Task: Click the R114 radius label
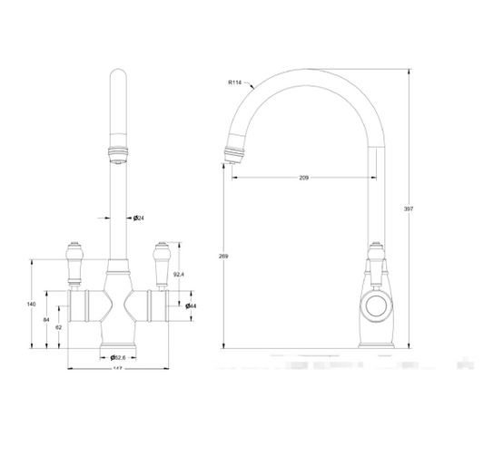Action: coord(237,82)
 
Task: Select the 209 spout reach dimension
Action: coord(302,178)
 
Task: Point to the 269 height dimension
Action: coord(224,257)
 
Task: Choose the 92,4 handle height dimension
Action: coord(179,275)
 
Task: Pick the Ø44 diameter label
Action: coord(193,306)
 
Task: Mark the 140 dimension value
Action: coord(33,304)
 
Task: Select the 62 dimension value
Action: coord(58,326)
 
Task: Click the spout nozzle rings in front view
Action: coord(117,153)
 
